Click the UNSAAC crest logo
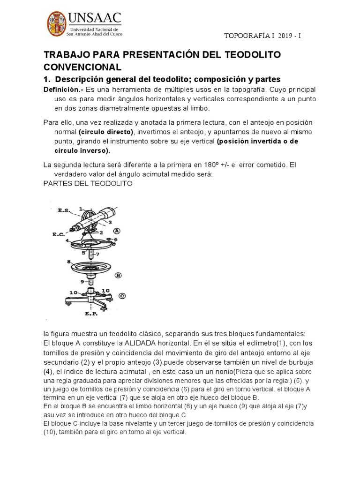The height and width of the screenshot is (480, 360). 57,26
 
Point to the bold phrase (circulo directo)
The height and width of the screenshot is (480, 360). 106,132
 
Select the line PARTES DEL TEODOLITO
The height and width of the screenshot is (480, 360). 88,183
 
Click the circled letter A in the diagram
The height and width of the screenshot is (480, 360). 116,230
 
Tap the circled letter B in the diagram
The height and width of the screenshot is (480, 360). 119,275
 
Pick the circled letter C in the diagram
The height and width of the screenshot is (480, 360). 122,295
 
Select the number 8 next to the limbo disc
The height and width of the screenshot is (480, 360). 68,262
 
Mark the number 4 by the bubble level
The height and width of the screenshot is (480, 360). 67,241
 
